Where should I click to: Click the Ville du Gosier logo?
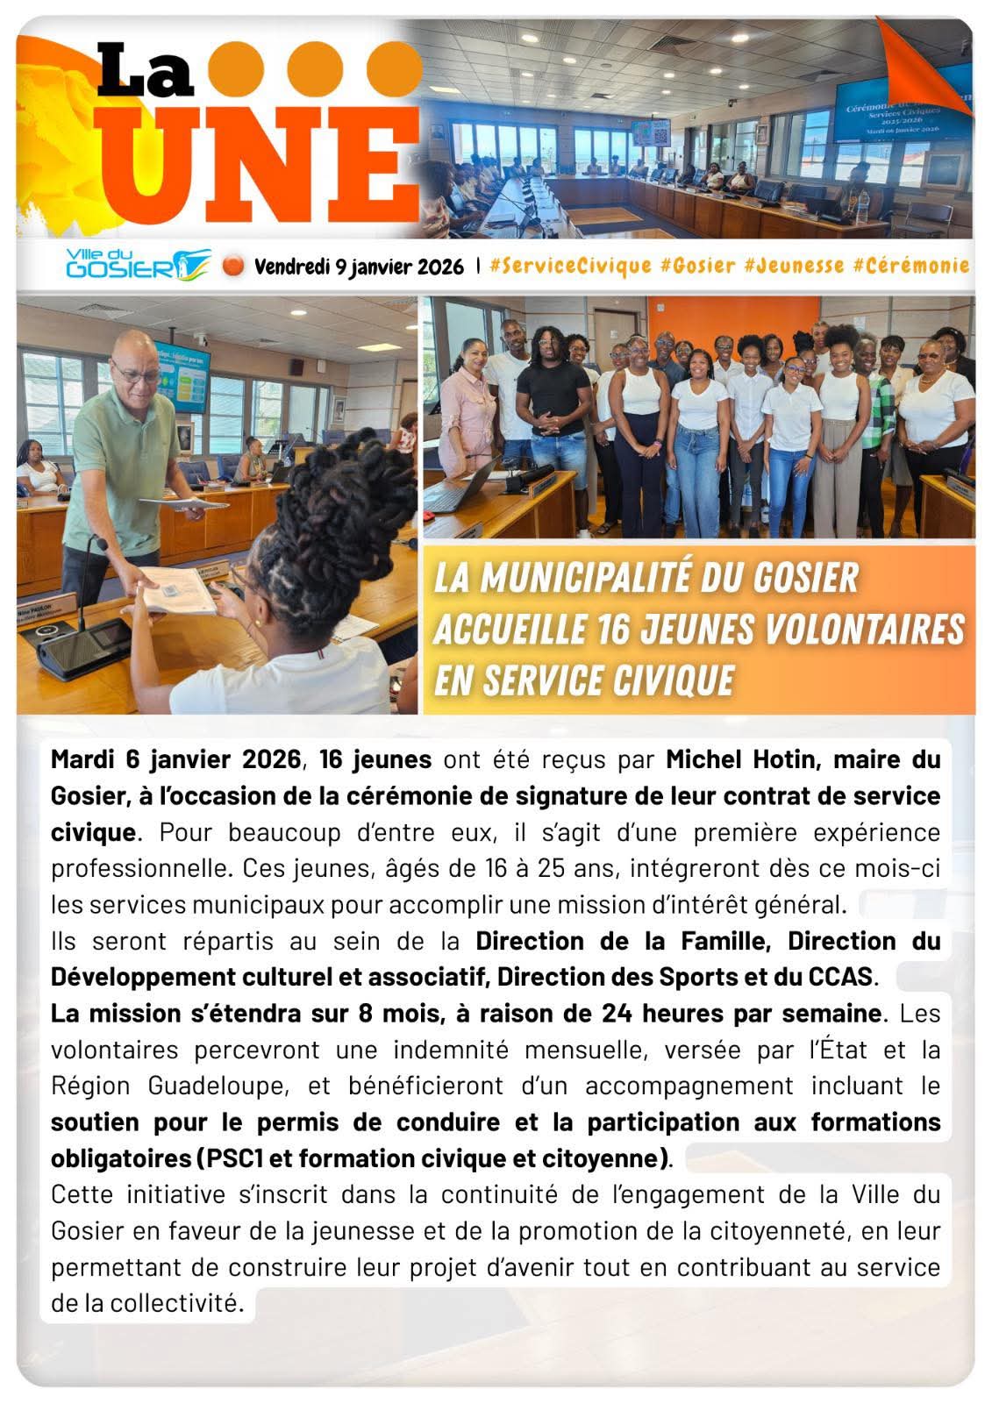click(139, 264)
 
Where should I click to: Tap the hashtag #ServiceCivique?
click(570, 266)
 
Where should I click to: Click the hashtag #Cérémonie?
click(910, 266)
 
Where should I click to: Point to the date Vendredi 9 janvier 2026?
click(359, 267)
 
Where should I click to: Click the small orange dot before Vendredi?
click(232, 265)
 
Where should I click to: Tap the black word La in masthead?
click(146, 72)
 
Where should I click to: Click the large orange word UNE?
click(263, 167)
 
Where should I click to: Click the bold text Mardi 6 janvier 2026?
click(175, 759)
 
